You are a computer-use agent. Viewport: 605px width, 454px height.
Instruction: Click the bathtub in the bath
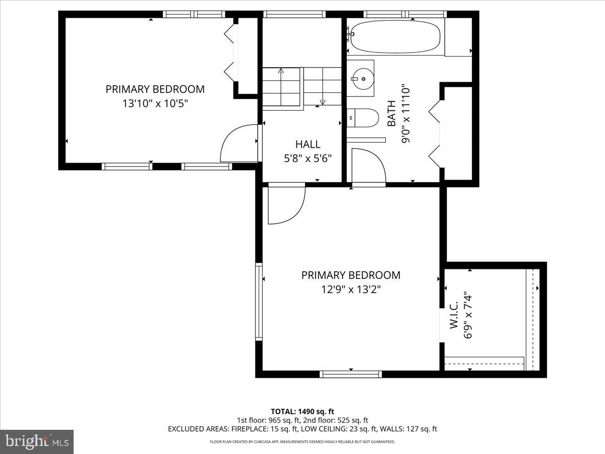[x=395, y=36]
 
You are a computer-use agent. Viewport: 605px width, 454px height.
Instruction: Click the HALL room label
[x=308, y=145]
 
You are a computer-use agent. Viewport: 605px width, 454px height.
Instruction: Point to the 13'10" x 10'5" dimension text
[x=155, y=103]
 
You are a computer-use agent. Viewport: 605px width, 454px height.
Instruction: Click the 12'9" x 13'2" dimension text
[x=350, y=290]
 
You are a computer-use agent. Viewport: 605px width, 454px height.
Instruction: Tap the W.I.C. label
[x=453, y=315]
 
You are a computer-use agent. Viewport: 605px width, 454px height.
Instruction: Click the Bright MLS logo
[x=37, y=441]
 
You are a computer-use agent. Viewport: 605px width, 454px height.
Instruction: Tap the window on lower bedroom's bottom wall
[x=351, y=374]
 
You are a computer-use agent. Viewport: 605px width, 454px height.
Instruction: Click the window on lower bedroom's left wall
[x=259, y=301]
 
